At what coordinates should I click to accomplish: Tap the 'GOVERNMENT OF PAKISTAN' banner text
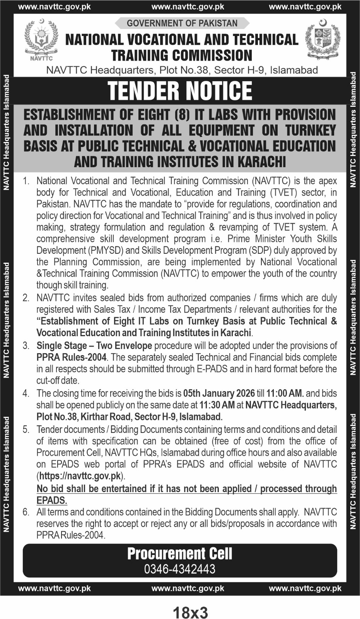click(182, 23)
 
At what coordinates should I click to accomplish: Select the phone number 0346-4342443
click(180, 569)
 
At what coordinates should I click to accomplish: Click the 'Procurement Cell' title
click(180, 554)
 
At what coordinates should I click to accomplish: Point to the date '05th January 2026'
click(219, 393)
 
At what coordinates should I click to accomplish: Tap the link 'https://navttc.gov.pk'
click(80, 476)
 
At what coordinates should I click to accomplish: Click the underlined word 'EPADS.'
click(52, 500)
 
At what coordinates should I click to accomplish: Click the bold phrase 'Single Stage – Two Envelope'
click(94, 345)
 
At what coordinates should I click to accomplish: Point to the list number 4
click(26, 393)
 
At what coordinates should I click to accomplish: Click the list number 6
click(26, 512)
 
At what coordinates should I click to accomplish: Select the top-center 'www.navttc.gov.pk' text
click(188, 7)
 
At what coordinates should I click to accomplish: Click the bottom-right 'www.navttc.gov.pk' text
click(305, 588)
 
